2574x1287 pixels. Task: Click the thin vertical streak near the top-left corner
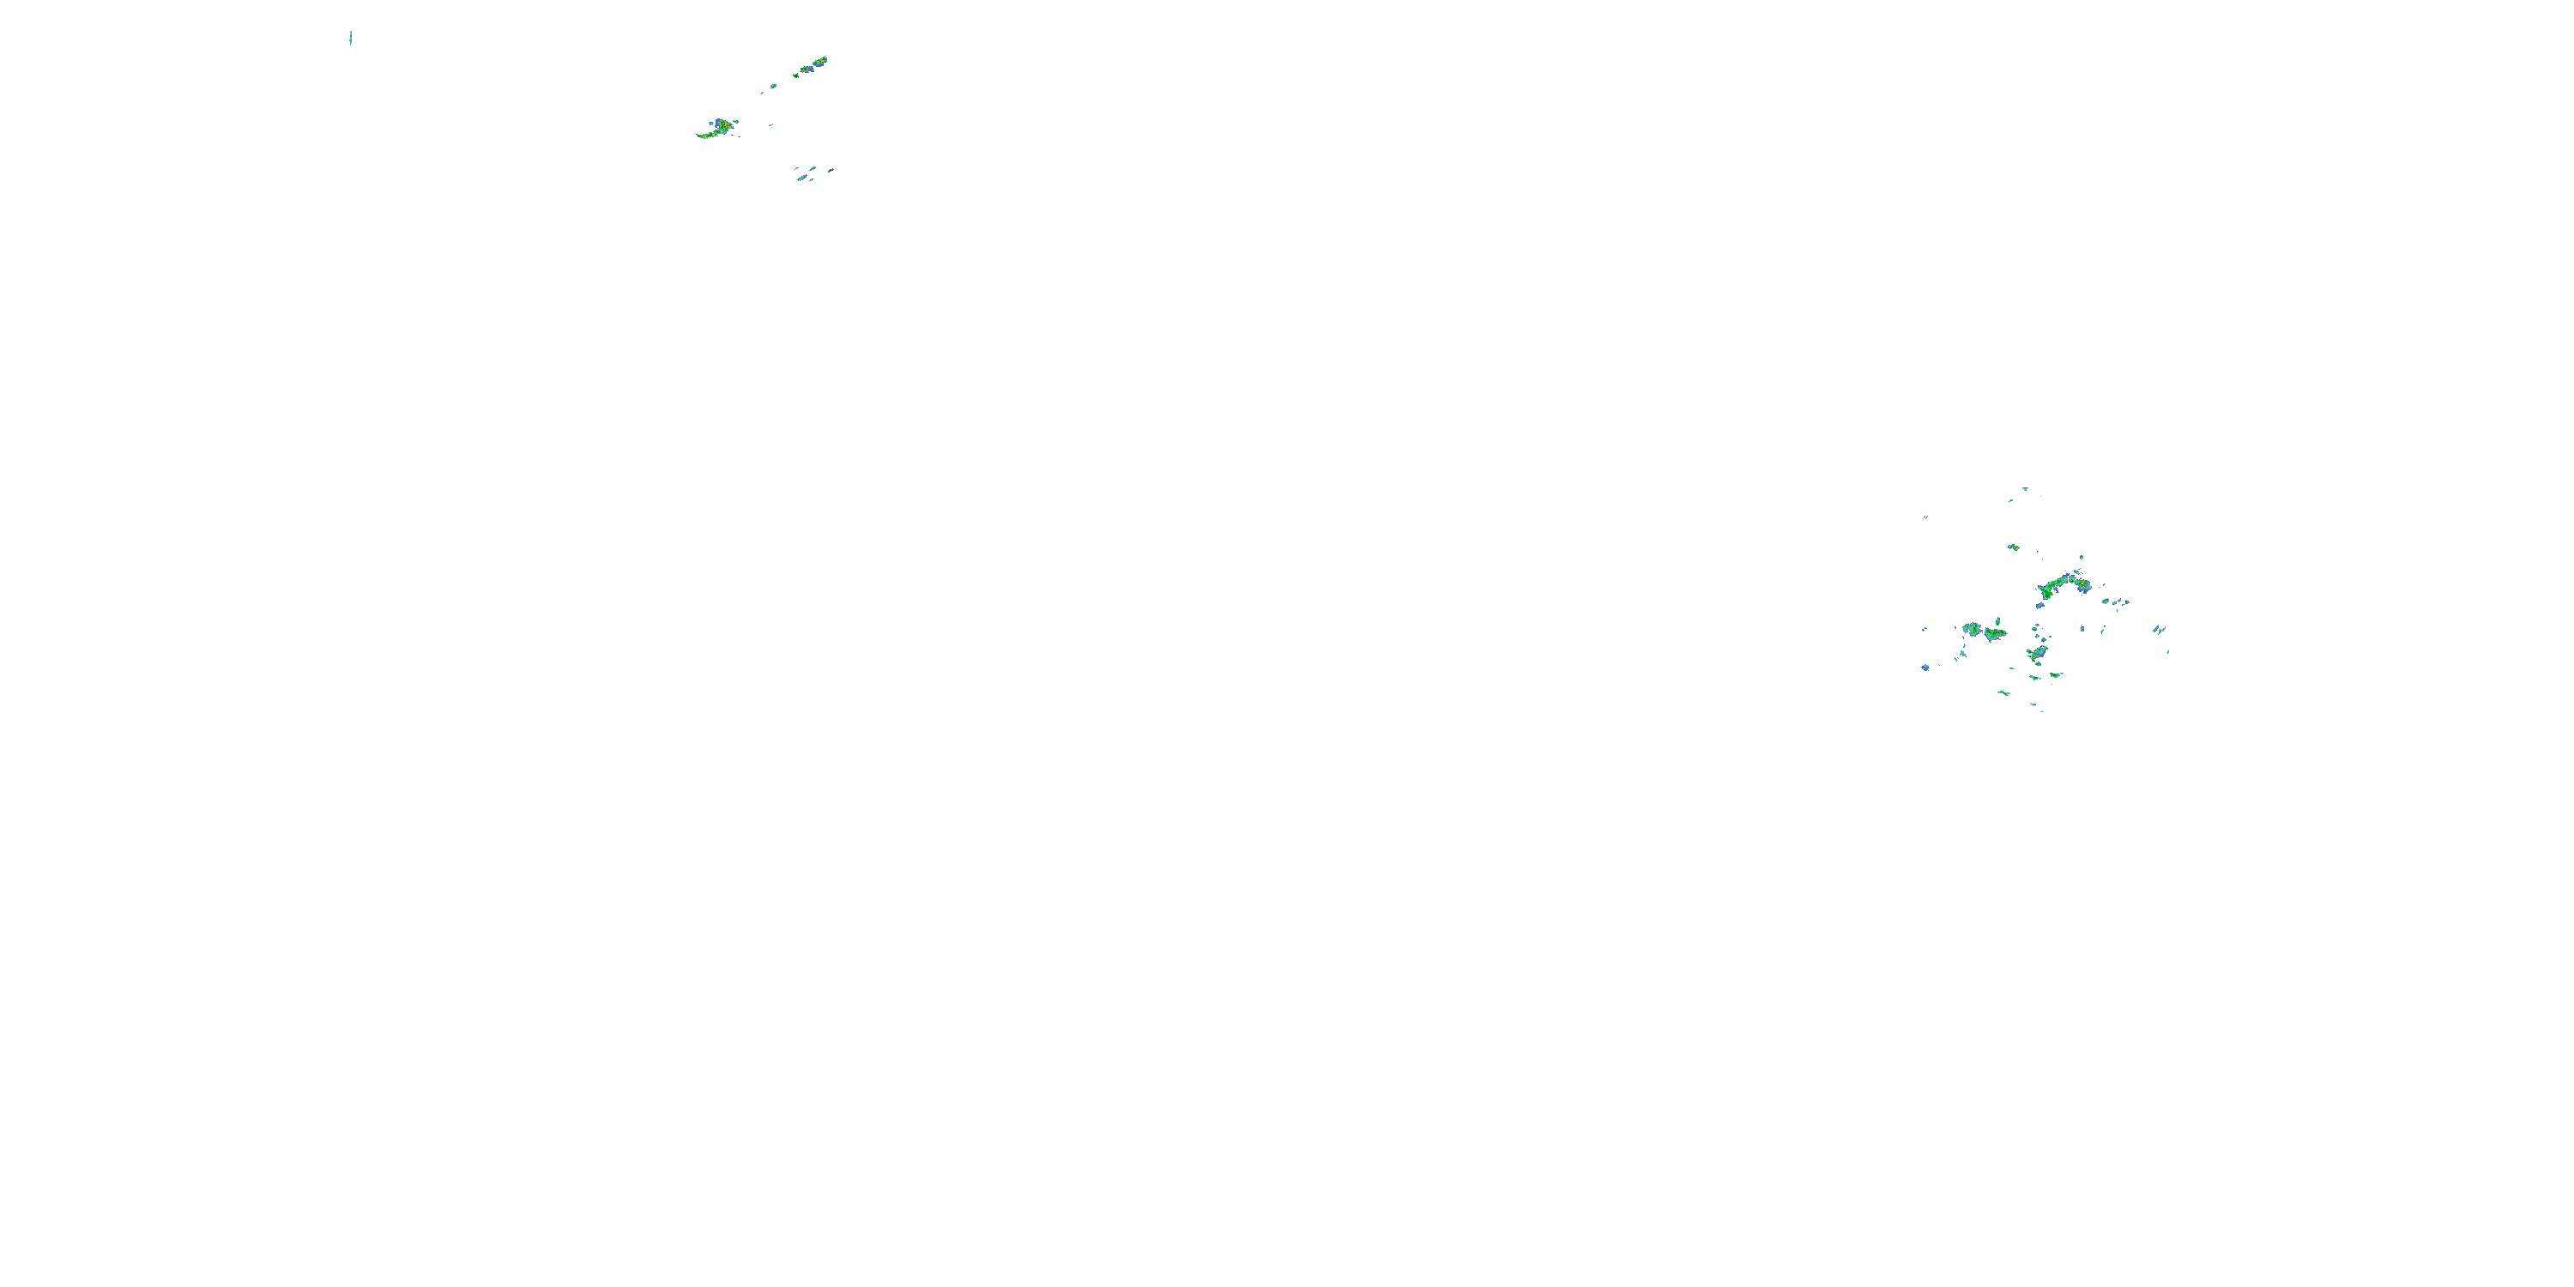tap(351, 38)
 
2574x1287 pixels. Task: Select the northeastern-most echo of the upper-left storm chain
tap(820, 61)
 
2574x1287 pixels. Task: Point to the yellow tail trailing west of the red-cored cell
tap(705, 135)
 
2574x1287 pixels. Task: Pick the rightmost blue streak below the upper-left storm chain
tap(831, 170)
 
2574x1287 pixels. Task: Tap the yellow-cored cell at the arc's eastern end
tap(2082, 583)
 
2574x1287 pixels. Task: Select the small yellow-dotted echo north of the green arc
tap(2015, 547)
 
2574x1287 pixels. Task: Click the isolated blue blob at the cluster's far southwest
tap(1925, 667)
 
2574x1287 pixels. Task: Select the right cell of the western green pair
tap(1996, 632)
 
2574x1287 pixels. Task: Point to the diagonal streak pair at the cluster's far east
tap(2160, 630)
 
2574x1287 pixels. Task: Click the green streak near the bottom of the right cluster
tap(2003, 692)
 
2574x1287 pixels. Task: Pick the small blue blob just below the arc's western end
tap(2039, 606)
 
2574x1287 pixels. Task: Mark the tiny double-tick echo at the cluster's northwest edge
tap(1925, 517)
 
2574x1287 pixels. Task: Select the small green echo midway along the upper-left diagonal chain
tap(796, 75)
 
